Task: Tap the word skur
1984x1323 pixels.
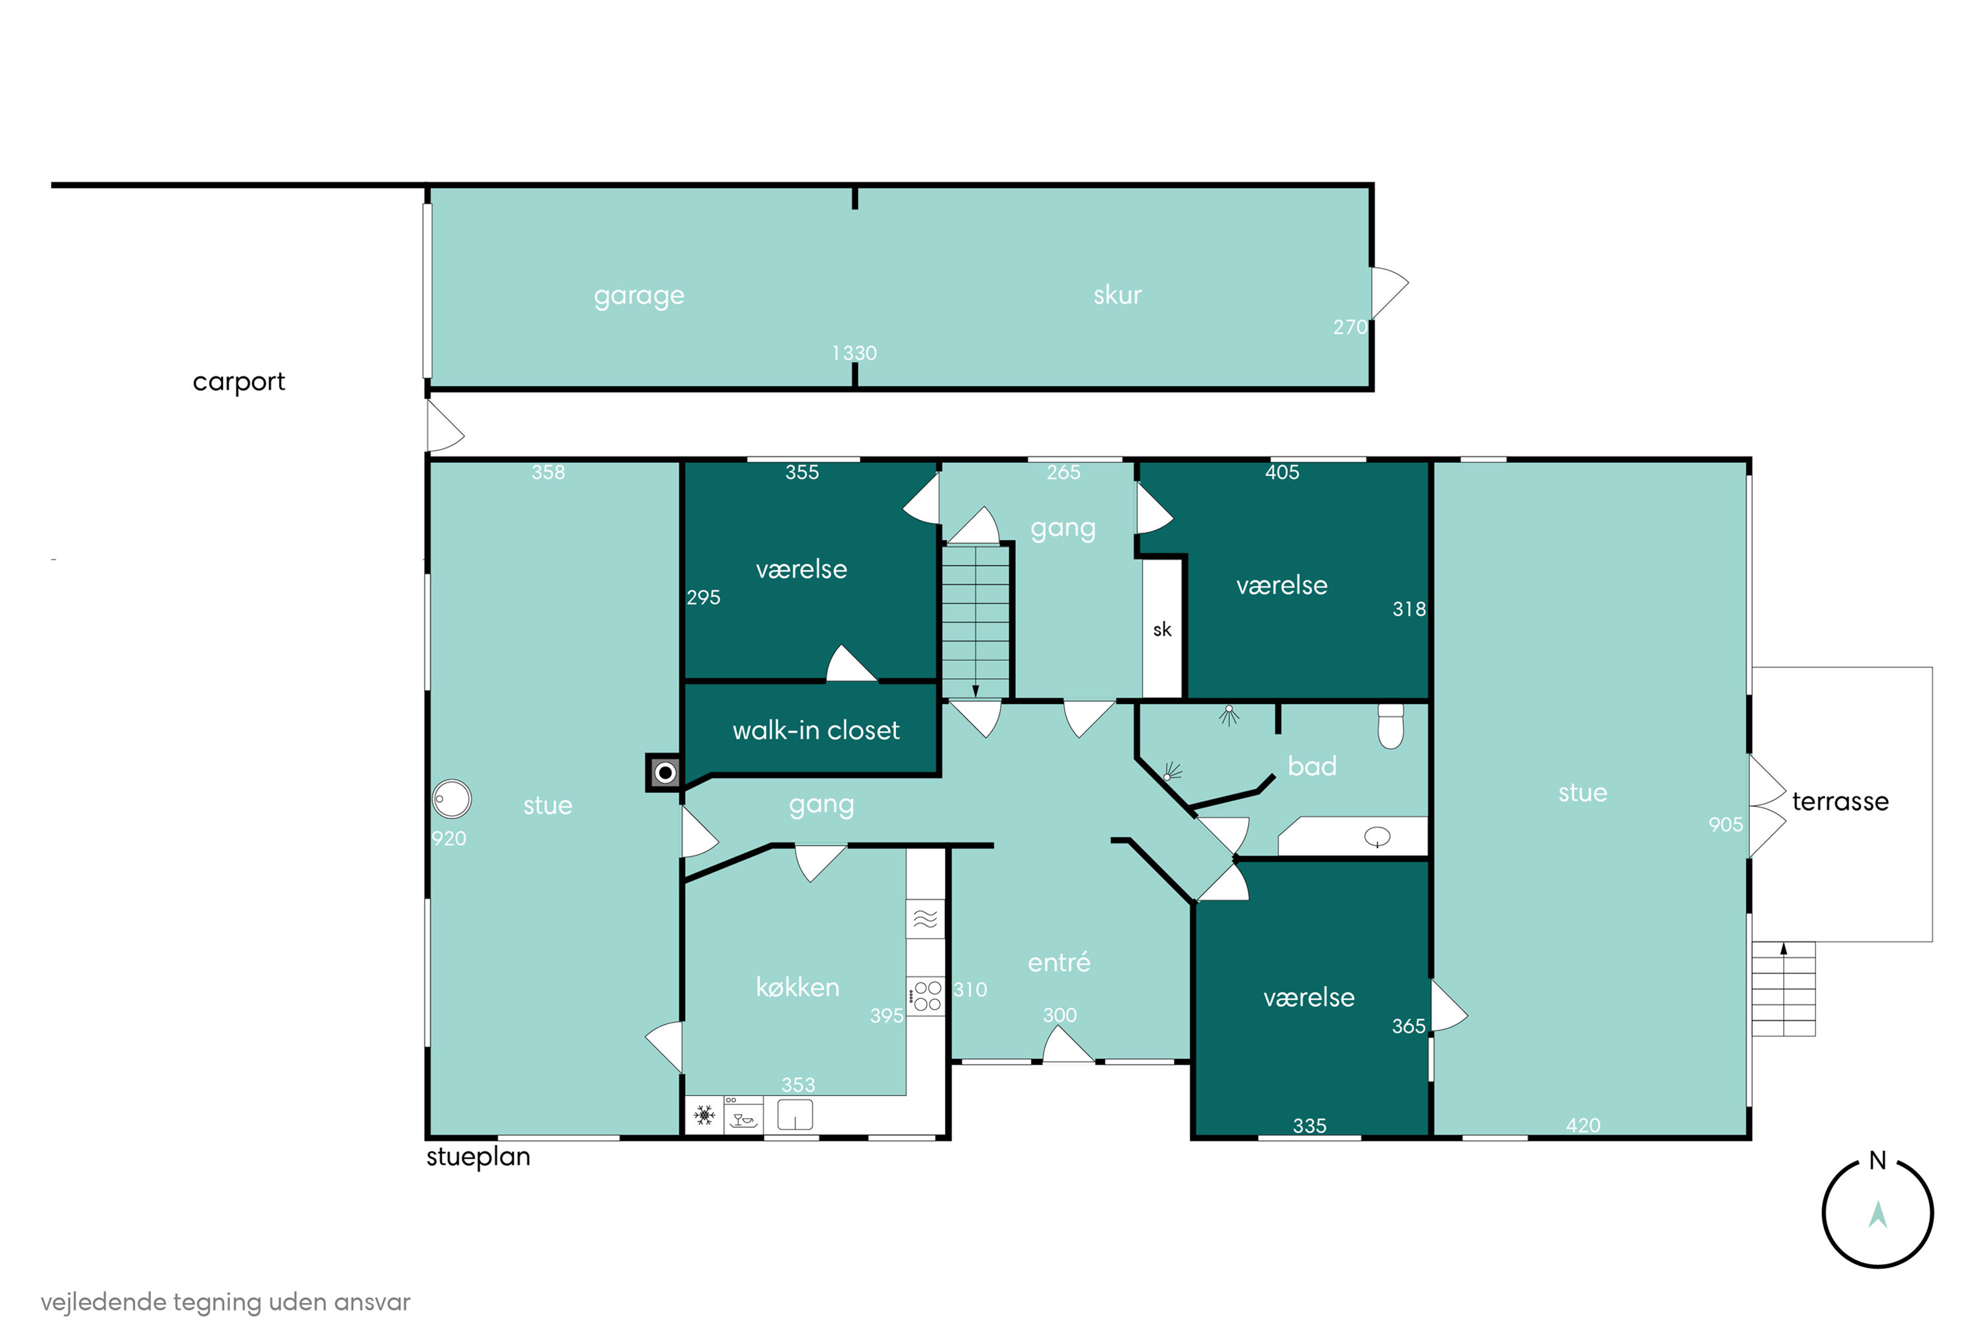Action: pos(1117,294)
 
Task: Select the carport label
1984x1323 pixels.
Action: pos(239,382)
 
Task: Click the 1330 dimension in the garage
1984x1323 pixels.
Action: pos(854,353)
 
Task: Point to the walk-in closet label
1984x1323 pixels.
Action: pos(815,730)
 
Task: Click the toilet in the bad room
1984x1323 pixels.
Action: pos(1390,726)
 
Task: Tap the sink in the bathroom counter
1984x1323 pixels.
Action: pos(1377,837)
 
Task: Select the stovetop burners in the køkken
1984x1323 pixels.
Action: pos(927,996)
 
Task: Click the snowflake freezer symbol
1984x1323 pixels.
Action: pos(704,1115)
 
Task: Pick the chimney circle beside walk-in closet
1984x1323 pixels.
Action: pos(665,772)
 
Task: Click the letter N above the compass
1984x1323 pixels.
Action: pos(1877,1160)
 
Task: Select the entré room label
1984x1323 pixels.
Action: pos(1059,962)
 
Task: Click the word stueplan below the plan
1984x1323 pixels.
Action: pos(477,1157)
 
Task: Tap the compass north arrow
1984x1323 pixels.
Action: pos(1877,1215)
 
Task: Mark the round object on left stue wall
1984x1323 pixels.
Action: pos(451,798)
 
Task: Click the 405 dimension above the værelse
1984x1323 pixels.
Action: pos(1282,472)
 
